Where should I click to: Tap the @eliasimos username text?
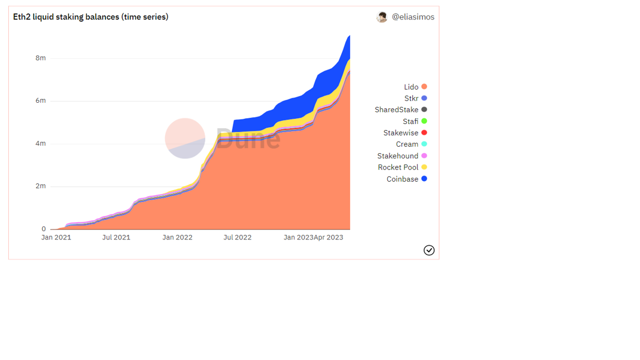[413, 17]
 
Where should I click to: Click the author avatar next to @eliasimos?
[382, 17]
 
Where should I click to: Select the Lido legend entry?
[415, 87]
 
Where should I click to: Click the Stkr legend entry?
[416, 98]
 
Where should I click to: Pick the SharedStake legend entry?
[401, 110]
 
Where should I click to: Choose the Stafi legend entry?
[414, 121]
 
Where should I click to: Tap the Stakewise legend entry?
[405, 133]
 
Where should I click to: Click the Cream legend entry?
[412, 144]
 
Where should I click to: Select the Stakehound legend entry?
[402, 156]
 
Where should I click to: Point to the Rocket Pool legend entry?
[402, 167]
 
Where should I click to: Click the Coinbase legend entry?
[407, 179]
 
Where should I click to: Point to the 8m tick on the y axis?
[41, 58]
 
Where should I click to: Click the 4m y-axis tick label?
[41, 143]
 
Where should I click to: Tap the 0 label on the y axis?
[44, 229]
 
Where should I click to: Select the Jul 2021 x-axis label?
[116, 238]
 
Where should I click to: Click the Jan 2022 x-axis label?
[177, 238]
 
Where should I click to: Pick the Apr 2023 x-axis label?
[328, 238]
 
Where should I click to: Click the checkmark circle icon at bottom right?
[429, 250]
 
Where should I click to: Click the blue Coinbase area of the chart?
[286, 110]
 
